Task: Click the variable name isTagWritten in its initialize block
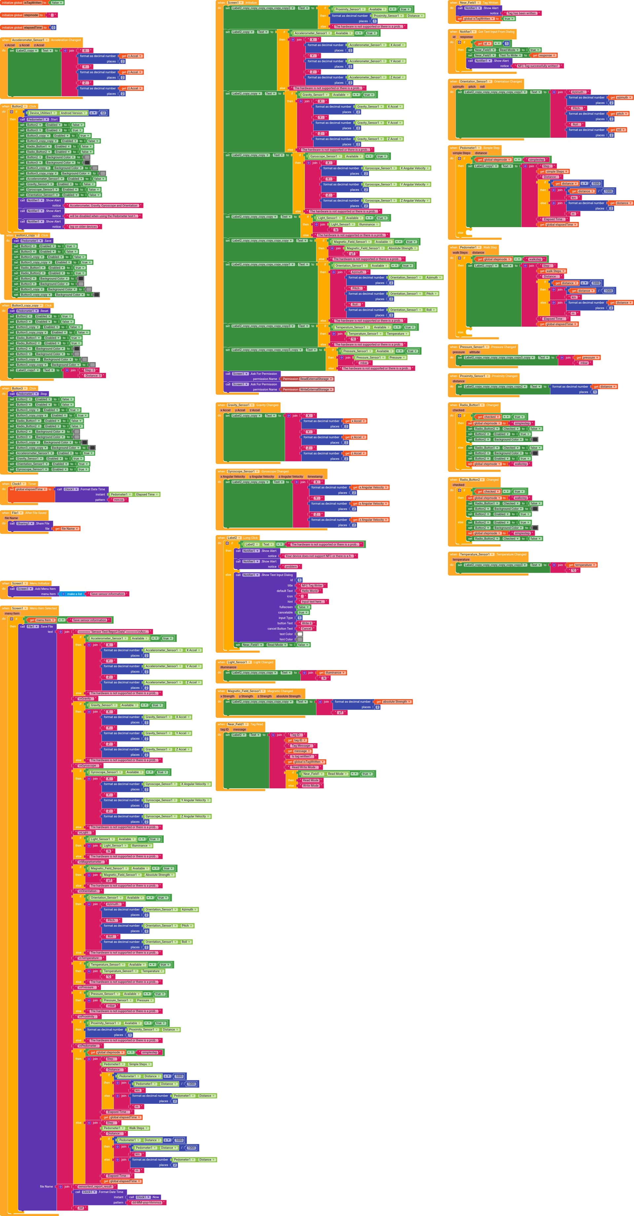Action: (33, 3)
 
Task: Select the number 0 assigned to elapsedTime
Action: (53, 27)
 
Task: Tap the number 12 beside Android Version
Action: (103, 113)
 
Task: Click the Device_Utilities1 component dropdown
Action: (41, 113)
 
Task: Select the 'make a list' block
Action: (74, 594)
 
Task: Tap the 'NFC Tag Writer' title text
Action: (312, 585)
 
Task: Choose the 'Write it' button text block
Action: (305, 623)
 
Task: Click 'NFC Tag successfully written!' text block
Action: (538, 66)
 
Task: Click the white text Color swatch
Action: (299, 634)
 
